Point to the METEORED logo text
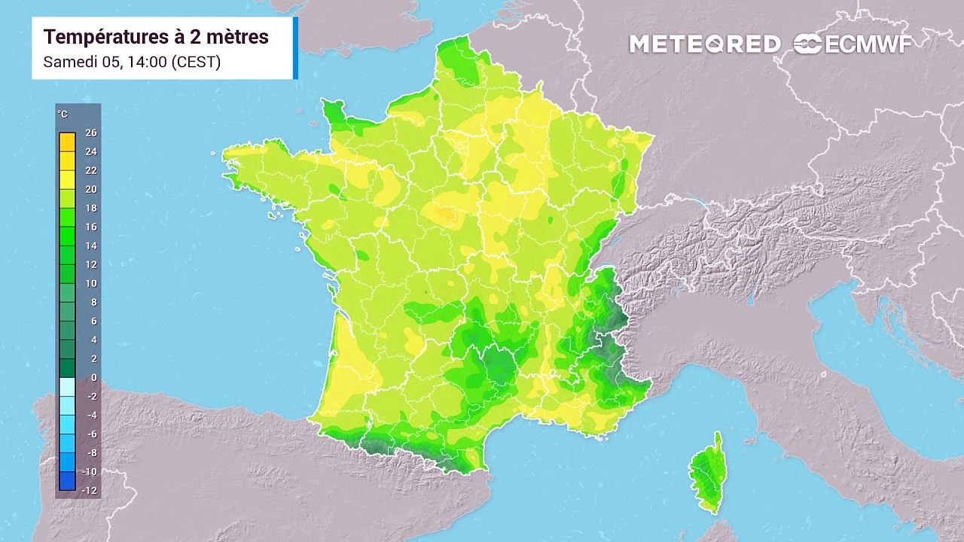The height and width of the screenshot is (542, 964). point(705,44)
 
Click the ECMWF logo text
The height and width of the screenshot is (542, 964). point(867,44)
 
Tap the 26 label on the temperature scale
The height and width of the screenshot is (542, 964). point(91,132)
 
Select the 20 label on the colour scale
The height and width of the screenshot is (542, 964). point(91,189)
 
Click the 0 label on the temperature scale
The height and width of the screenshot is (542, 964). point(93,377)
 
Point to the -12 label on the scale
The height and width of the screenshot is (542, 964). point(90,490)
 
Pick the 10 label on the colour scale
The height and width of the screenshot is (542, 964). point(91,283)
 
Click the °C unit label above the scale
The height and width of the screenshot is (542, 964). point(63,114)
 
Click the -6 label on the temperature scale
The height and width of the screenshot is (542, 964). point(91,434)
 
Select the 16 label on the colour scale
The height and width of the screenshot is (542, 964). point(91,227)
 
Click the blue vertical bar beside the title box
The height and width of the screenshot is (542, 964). point(295,47)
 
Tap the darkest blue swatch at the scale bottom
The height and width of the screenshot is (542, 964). point(67,480)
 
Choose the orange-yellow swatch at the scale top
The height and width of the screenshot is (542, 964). point(67,142)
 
